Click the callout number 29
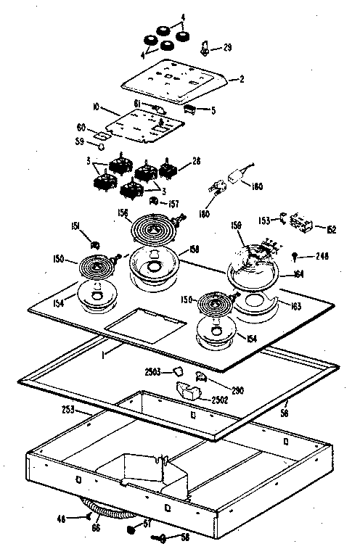pyautogui.click(x=228, y=48)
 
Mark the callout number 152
pyautogui.click(x=331, y=229)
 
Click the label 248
pyautogui.click(x=322, y=255)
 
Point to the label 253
pyautogui.click(x=67, y=410)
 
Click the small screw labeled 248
pyautogui.click(x=297, y=255)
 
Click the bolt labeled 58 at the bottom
pyautogui.click(x=161, y=537)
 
